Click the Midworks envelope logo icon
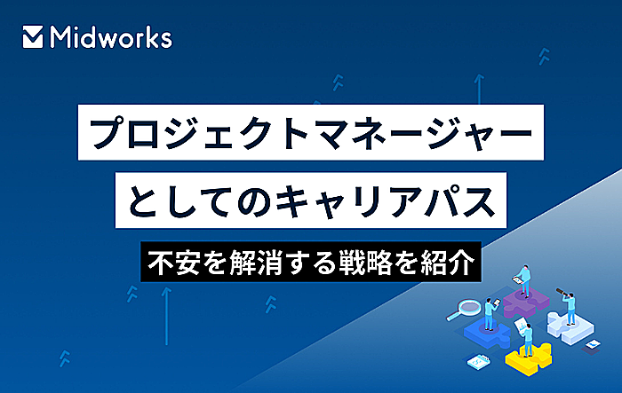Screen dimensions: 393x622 pos(33,37)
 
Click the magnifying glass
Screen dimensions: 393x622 pos(466,310)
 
